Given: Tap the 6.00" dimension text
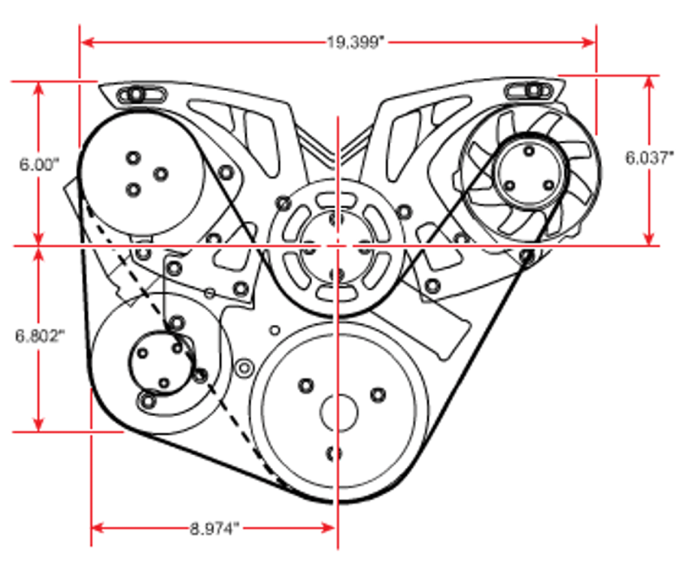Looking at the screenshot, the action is tap(39, 165).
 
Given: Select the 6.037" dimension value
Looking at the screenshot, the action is tap(649, 158).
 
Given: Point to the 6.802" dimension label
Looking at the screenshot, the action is tap(40, 336).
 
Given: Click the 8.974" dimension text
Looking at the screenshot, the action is tap(214, 529).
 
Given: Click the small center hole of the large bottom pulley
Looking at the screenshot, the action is tap(339, 413).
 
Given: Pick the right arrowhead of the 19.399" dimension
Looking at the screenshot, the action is tap(589, 42).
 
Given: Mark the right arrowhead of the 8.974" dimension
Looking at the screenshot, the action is tap(328, 528).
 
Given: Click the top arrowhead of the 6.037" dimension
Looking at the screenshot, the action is tap(648, 82).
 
